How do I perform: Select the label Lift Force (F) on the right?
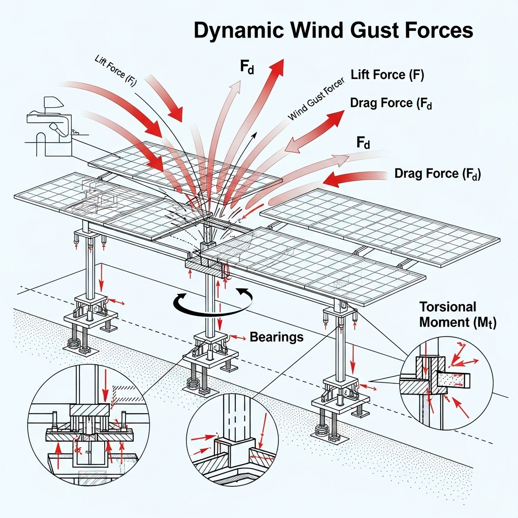pos(387,75)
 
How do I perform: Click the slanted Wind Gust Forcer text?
pos(316,100)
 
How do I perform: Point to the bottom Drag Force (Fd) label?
pos(438,174)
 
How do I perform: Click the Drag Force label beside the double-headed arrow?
pos(391,104)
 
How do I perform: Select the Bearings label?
pos(277,337)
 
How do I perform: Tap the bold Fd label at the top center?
pos(247,68)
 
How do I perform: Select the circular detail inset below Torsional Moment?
pos(446,383)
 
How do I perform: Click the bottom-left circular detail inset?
pos(83,430)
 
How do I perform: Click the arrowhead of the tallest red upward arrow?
pos(277,68)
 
